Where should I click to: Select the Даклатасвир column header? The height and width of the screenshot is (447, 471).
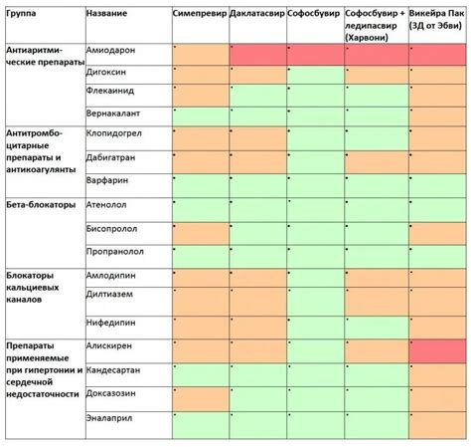click(256, 17)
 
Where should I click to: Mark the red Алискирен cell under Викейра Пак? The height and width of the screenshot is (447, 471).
click(438, 350)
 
